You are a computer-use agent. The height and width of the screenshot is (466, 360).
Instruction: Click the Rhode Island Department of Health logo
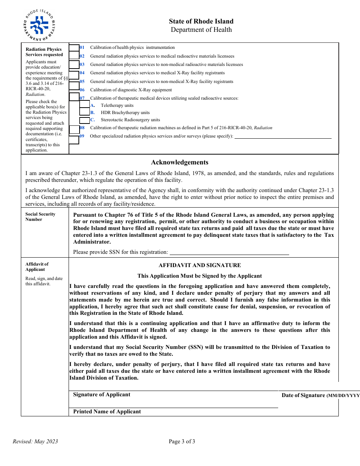tap(39, 25)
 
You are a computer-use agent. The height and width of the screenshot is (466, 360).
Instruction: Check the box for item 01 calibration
tap(74, 48)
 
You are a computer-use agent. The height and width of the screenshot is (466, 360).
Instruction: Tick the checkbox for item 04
tap(74, 73)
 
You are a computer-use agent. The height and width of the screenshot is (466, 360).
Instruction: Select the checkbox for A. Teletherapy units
tap(85, 105)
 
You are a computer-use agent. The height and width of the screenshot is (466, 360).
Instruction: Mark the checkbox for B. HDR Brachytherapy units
tap(85, 112)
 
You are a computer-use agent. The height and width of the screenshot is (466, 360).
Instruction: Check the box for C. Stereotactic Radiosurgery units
tap(85, 120)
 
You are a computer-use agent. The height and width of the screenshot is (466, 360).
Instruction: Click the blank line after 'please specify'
tap(283, 137)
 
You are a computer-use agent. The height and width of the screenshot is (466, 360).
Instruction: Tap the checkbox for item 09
tap(74, 140)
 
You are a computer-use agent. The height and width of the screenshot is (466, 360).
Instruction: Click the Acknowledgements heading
tap(180, 163)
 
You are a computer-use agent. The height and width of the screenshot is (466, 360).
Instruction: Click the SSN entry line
tap(229, 253)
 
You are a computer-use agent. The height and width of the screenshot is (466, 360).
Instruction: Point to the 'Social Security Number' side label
tap(40, 217)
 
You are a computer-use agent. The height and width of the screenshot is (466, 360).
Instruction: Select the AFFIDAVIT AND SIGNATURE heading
tap(200, 265)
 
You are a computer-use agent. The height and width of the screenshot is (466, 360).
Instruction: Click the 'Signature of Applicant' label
tap(102, 395)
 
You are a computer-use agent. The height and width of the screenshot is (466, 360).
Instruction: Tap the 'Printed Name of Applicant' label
tap(107, 412)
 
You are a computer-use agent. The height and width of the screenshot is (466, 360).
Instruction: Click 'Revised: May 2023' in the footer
tap(35, 441)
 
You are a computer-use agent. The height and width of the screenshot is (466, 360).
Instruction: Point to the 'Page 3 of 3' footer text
tap(182, 441)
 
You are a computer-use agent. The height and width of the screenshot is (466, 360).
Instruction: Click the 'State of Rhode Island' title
tap(201, 22)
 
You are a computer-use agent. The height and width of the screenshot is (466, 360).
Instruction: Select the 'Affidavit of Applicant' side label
tap(37, 267)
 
